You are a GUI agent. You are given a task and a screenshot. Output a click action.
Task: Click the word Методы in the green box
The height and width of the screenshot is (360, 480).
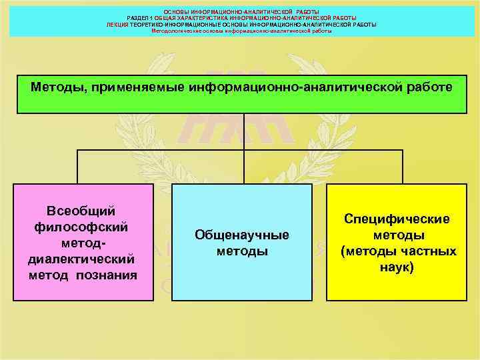coord(56,87)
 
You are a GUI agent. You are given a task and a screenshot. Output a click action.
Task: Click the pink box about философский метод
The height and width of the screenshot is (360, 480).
coord(82,241)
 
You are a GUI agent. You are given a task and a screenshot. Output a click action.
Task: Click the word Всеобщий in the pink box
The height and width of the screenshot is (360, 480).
coord(82,211)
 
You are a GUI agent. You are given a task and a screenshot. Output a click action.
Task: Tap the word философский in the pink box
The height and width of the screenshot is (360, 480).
coord(82,226)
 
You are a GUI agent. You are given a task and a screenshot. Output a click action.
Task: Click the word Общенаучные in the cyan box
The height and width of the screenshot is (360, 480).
coord(241,235)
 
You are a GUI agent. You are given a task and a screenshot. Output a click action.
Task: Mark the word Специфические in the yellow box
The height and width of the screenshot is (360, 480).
coord(397,219)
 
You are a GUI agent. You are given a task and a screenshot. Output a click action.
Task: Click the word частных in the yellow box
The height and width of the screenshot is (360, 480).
coord(428,251)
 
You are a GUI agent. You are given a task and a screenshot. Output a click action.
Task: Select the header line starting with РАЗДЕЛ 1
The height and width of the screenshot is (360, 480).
coord(241,18)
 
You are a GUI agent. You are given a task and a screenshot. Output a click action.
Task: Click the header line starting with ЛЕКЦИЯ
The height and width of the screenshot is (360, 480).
coord(241,24)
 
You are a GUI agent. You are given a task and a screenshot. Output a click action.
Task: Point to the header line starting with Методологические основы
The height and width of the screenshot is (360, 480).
coord(241,30)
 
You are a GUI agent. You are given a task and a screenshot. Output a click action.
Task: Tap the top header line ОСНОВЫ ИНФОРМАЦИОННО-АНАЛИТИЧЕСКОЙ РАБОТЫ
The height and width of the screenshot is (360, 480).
coord(241,12)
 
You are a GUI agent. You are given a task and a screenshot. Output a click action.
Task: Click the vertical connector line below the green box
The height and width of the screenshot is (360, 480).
coord(243,131)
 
